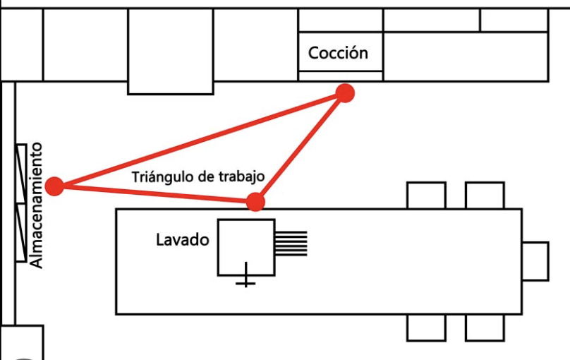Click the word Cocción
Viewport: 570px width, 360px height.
338,53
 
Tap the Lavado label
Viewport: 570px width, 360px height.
182,240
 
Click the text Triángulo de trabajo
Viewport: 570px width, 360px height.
198,176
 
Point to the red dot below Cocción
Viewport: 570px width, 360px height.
344,92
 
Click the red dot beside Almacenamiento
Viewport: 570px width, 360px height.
54,186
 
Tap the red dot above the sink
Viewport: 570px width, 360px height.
255,203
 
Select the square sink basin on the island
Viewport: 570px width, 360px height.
245,247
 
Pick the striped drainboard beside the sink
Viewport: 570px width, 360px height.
291,243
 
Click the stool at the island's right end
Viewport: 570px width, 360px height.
535,260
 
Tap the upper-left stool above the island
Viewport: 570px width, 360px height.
426,196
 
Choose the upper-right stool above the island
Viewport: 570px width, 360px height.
485,196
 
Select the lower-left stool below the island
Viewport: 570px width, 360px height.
426,327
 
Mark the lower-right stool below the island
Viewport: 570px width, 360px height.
485,327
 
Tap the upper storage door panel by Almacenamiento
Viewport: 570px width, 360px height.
21,174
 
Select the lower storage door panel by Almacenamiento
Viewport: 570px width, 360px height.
21,232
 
